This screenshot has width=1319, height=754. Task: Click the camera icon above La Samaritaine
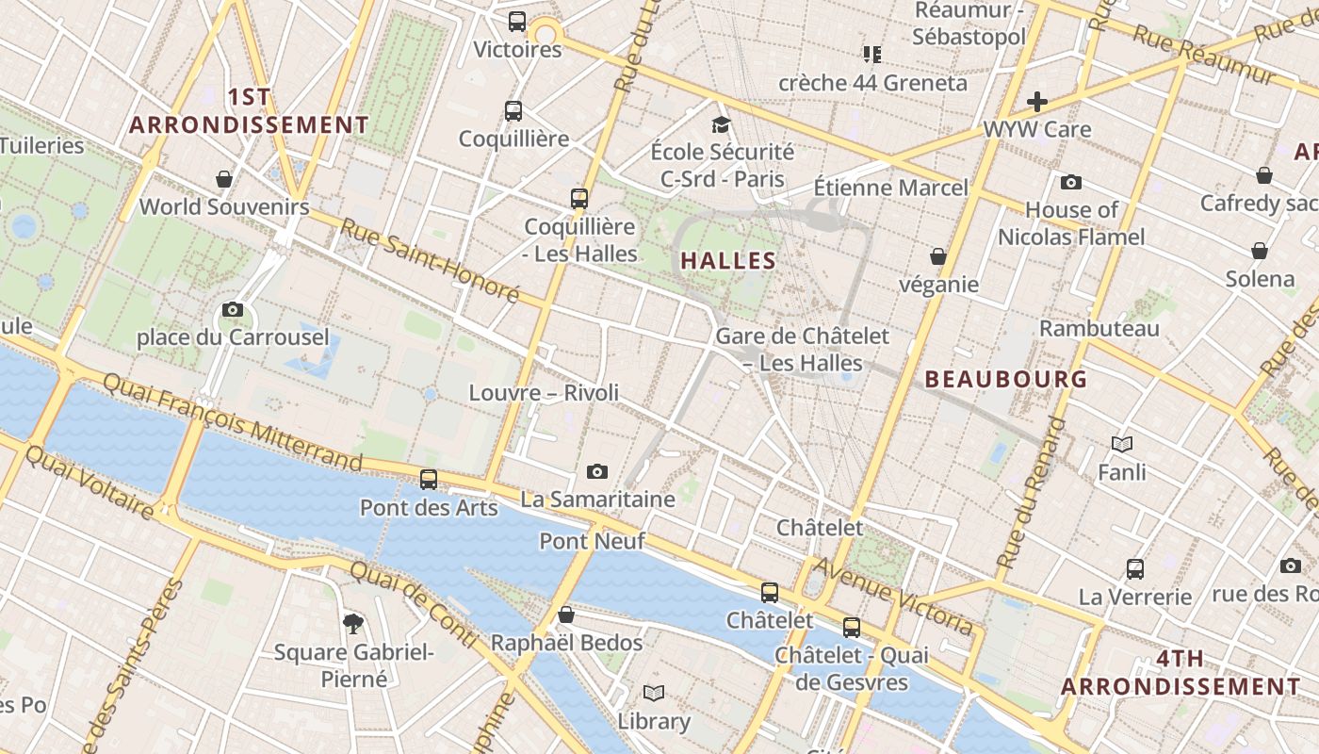tap(596, 471)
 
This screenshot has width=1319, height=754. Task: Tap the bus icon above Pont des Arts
tap(429, 479)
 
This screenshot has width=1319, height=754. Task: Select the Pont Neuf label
tap(592, 541)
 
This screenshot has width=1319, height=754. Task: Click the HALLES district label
tap(728, 261)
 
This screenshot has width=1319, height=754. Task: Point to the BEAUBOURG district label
tap(1006, 380)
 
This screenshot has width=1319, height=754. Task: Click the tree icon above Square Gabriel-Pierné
tap(353, 622)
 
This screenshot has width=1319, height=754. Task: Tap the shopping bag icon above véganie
tap(937, 255)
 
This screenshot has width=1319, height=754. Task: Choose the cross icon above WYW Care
tap(1037, 101)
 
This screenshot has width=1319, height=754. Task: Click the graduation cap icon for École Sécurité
tap(721, 124)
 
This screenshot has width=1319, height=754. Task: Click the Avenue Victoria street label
tap(892, 595)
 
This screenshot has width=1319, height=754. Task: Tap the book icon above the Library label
tap(653, 694)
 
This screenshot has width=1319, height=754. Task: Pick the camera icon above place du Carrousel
tap(233, 309)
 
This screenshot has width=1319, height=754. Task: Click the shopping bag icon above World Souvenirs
tap(224, 178)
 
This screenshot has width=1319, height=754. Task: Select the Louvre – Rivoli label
tap(544, 392)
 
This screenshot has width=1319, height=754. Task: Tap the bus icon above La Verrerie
tap(1135, 568)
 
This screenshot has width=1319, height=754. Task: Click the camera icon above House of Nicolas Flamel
tap(1070, 182)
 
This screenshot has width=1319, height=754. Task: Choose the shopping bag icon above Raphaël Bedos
tap(566, 615)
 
